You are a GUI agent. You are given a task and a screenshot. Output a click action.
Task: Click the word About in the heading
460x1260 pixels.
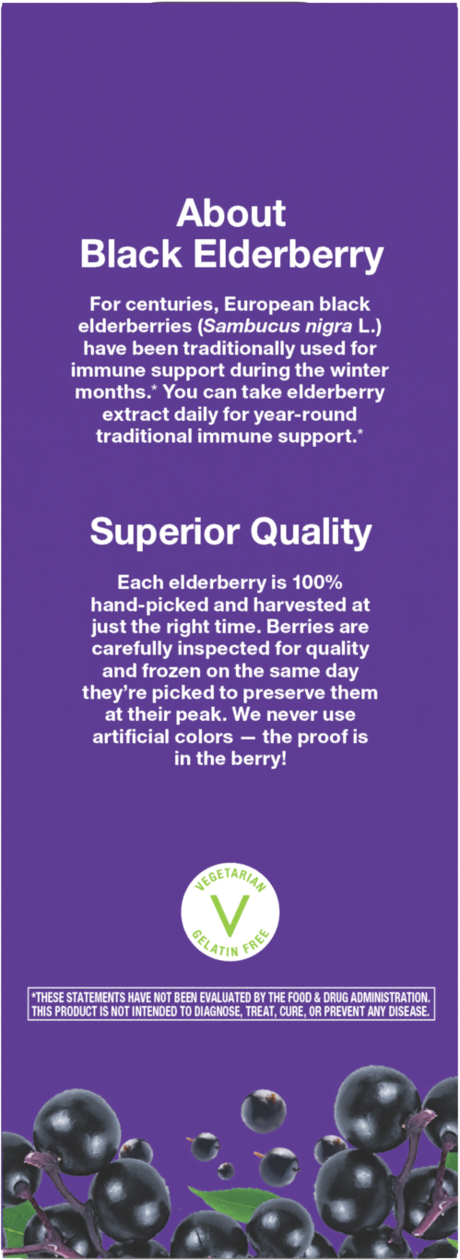[x=230, y=213]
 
